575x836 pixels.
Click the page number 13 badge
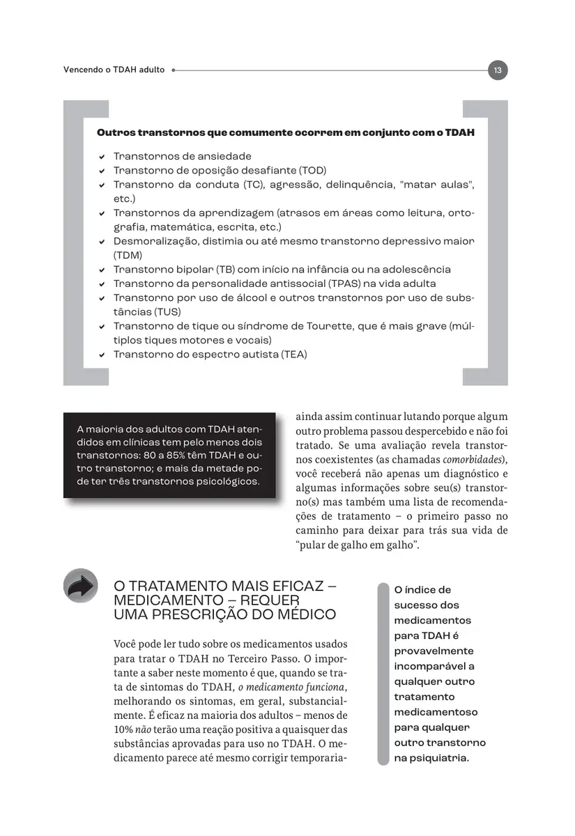click(x=498, y=70)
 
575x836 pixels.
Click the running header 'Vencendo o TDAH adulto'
click(x=114, y=70)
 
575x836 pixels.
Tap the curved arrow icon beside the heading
click(x=81, y=587)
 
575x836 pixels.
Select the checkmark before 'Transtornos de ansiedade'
click(x=102, y=157)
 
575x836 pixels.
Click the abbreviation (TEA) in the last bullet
click(x=293, y=355)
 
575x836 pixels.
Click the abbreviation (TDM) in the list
click(x=128, y=256)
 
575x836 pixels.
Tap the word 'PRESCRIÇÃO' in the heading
click(x=207, y=614)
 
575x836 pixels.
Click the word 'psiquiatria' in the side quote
click(x=438, y=758)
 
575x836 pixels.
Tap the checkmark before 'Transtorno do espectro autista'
click(x=102, y=355)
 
